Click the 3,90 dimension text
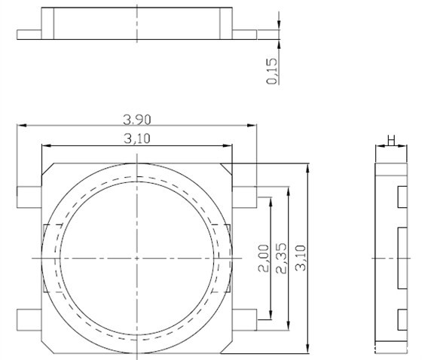click(137, 120)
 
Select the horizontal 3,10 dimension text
click(137, 139)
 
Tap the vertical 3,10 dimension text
click(301, 258)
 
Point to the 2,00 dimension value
click(264, 258)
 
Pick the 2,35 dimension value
click(282, 258)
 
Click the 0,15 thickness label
click(271, 72)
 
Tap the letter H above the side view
click(391, 140)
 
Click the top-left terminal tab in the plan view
click(29, 197)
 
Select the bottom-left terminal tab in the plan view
click(29, 320)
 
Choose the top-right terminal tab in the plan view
click(244, 197)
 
